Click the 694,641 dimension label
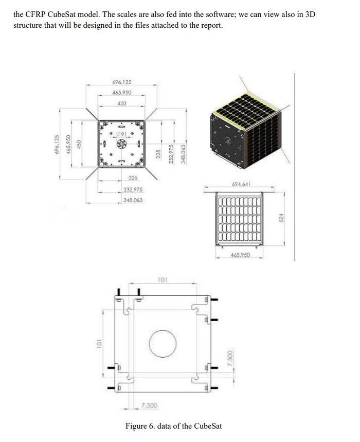[x=240, y=184]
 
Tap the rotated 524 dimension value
[x=281, y=218]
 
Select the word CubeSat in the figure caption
[x=207, y=426]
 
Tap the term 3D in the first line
[x=310, y=14]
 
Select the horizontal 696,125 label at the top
[x=121, y=82]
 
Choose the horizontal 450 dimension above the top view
[x=121, y=103]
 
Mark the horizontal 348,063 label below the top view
[x=133, y=200]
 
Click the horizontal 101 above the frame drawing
[x=163, y=280]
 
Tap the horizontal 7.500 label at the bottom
[x=149, y=406]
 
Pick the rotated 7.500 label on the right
[x=231, y=359]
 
